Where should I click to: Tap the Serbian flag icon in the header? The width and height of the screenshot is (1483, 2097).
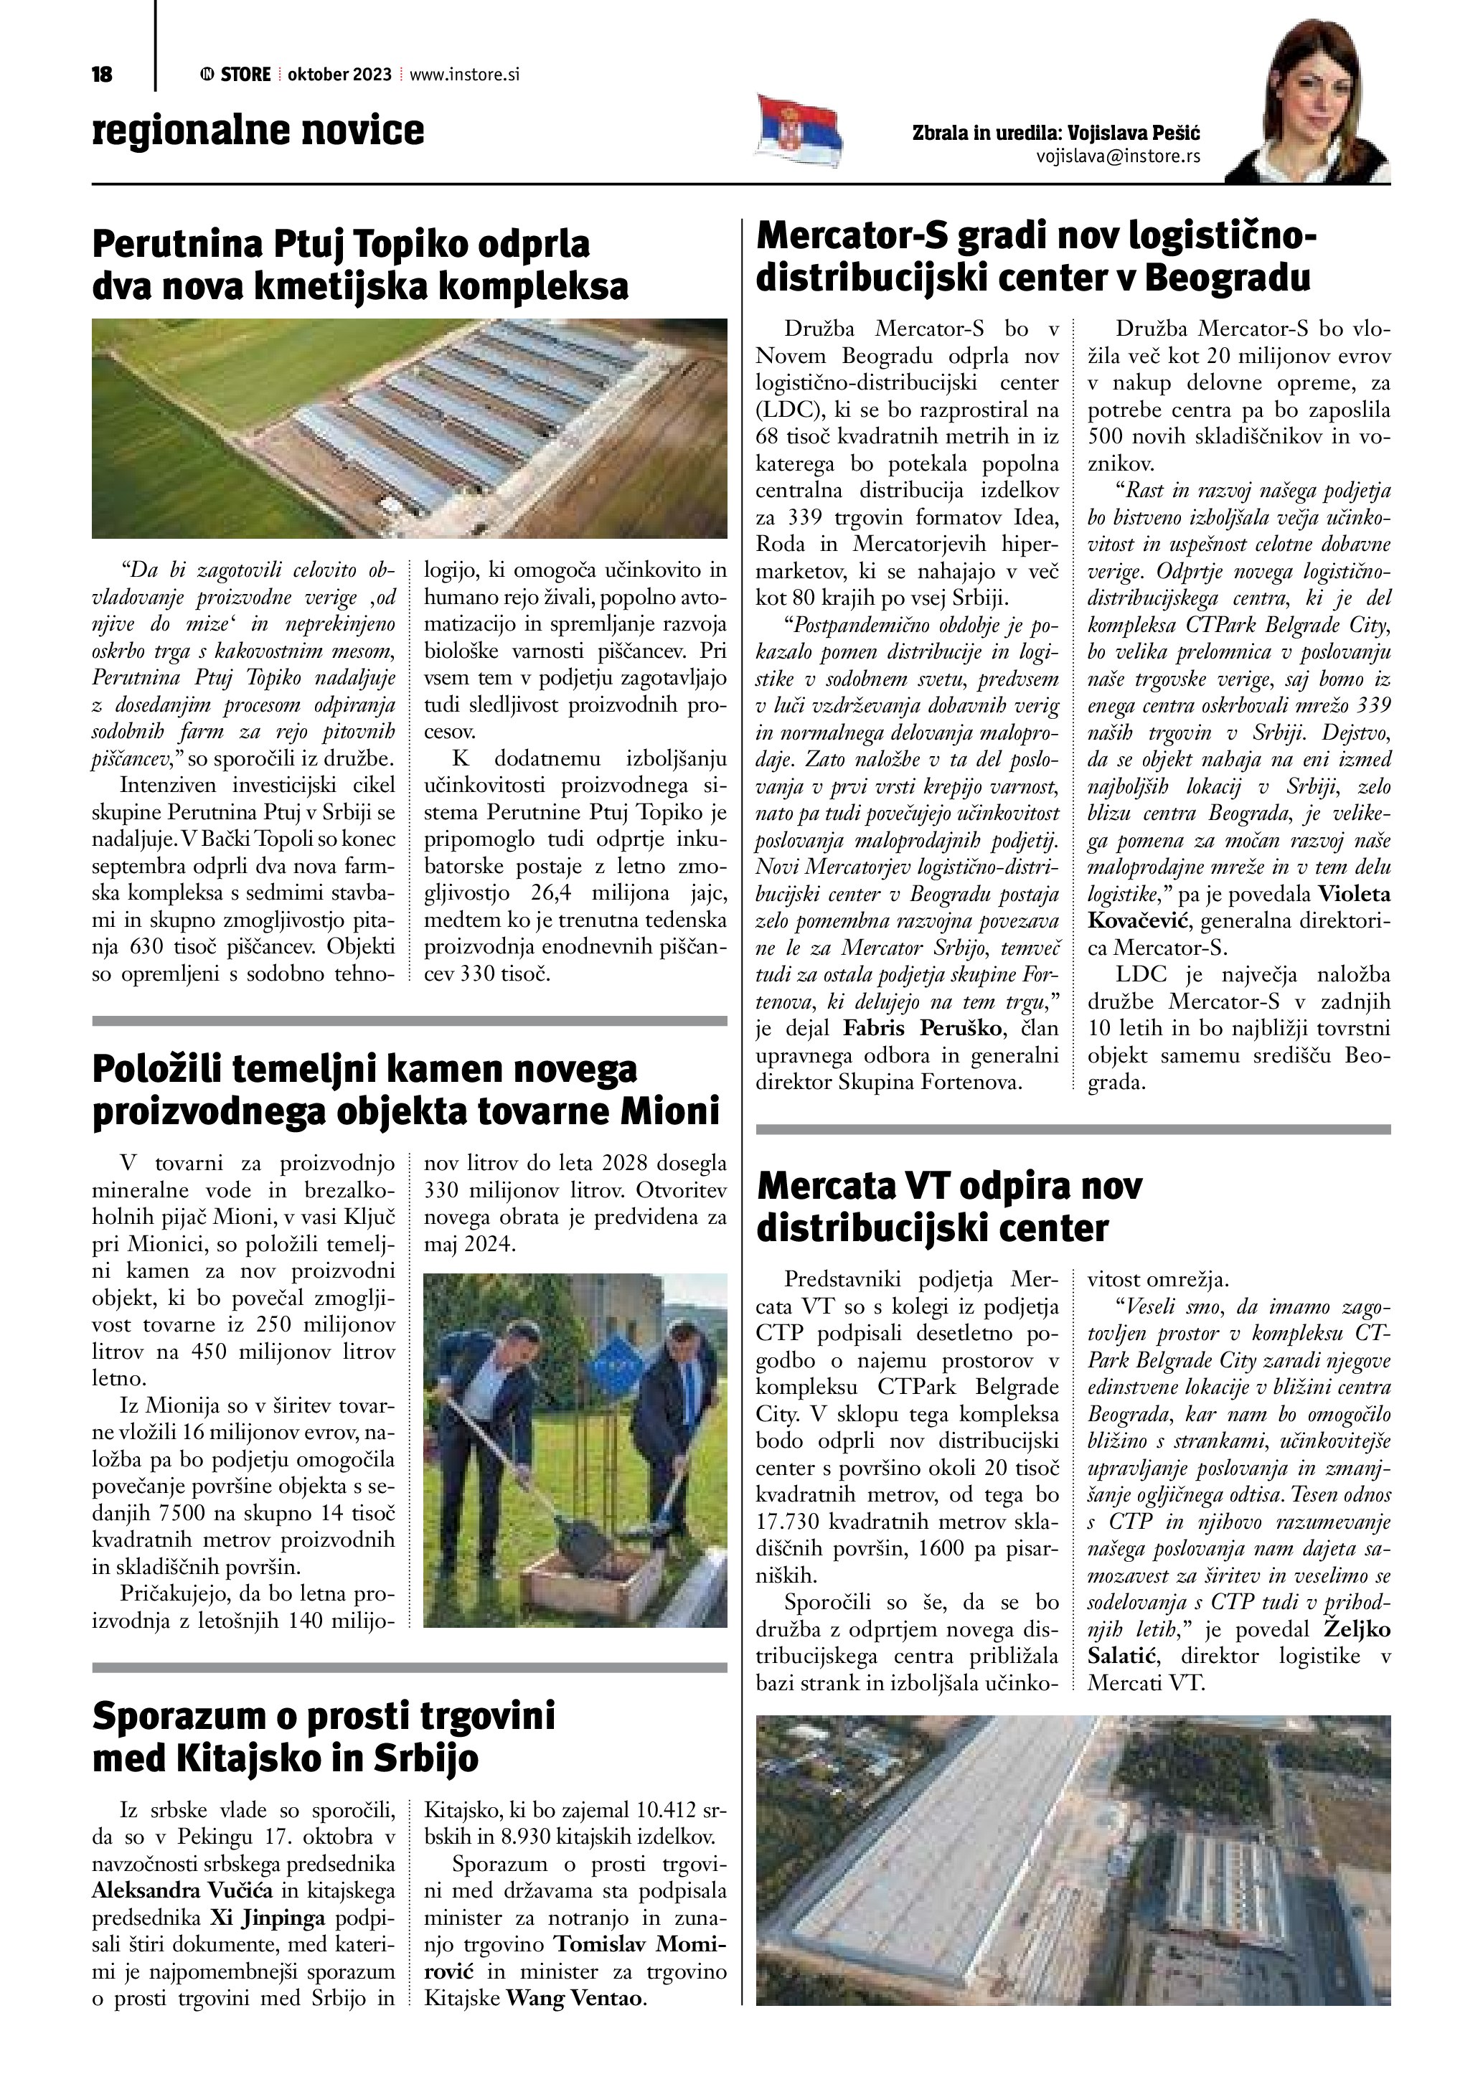(x=800, y=130)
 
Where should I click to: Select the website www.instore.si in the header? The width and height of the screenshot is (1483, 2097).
(x=465, y=75)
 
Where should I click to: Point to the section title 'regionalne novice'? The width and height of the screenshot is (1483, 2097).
(x=258, y=131)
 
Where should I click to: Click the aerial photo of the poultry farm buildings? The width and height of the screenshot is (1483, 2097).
(x=409, y=428)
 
